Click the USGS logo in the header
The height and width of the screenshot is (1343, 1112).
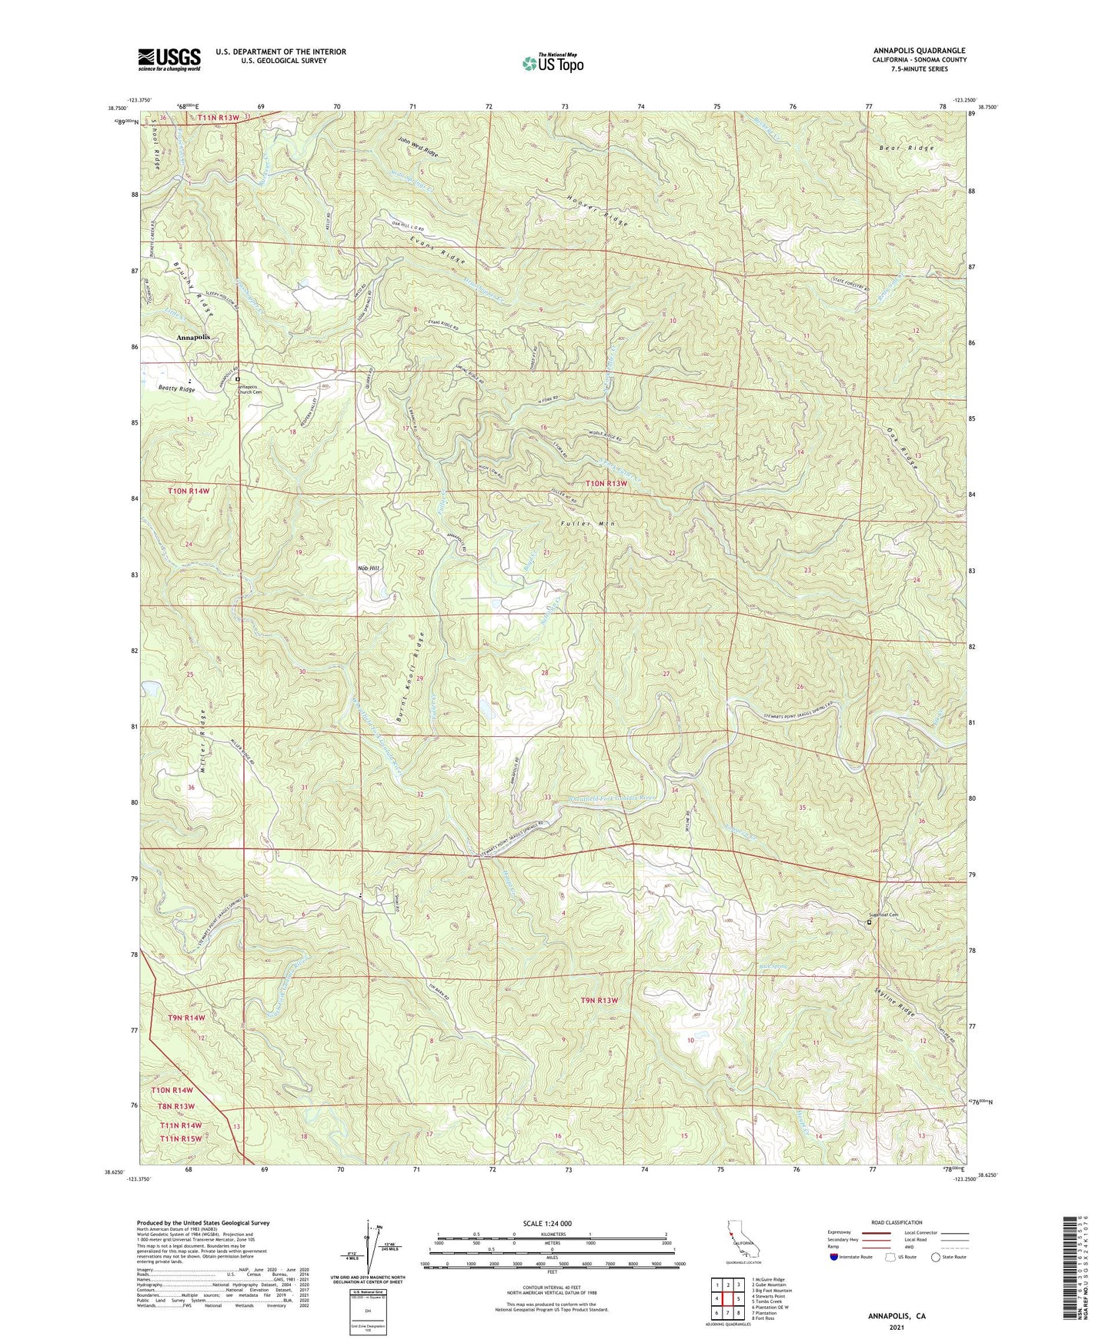tap(169, 59)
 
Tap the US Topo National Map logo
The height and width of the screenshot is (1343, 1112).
tap(552, 63)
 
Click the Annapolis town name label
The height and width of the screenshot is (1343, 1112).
tap(192, 337)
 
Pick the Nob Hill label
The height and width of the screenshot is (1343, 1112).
tap(369, 568)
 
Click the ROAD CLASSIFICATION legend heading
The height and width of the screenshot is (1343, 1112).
tap(897, 1222)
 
